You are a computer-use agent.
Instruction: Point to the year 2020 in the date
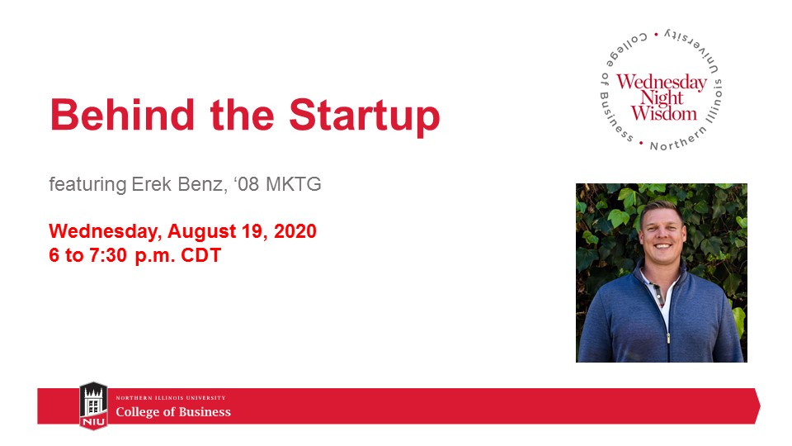coord(295,231)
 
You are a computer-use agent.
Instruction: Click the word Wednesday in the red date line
coord(100,231)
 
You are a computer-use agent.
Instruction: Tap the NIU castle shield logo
coord(92,406)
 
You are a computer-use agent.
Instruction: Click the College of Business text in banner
coord(173,412)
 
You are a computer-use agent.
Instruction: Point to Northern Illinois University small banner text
coord(170,398)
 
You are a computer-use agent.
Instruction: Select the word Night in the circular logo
coord(662,98)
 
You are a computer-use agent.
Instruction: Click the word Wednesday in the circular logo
coord(662,83)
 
